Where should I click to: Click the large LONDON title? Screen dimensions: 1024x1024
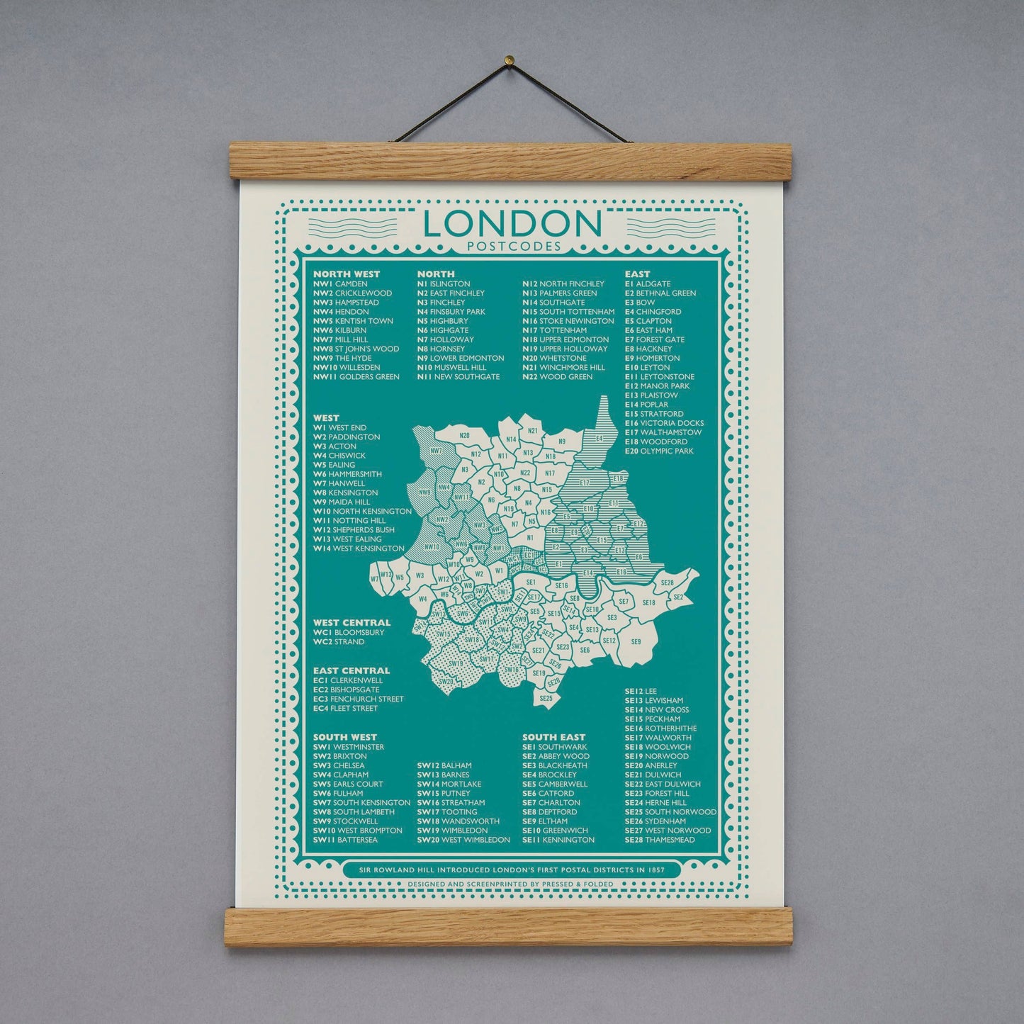coord(511,224)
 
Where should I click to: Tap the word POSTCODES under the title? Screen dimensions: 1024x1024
coord(511,247)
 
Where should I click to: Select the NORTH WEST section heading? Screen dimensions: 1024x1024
coord(347,274)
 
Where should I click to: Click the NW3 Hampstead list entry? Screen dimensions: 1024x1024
coord(347,303)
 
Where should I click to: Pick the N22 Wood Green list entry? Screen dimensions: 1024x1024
coord(557,377)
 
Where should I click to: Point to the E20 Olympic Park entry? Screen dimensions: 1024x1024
coord(658,451)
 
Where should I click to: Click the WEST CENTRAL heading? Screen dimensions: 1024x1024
coord(351,623)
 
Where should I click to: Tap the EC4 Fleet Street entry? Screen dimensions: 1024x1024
coord(345,708)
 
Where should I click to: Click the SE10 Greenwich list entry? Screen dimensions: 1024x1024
coord(555,831)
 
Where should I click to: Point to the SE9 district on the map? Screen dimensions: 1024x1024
coord(636,642)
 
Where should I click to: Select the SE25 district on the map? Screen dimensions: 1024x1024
coord(545,699)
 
